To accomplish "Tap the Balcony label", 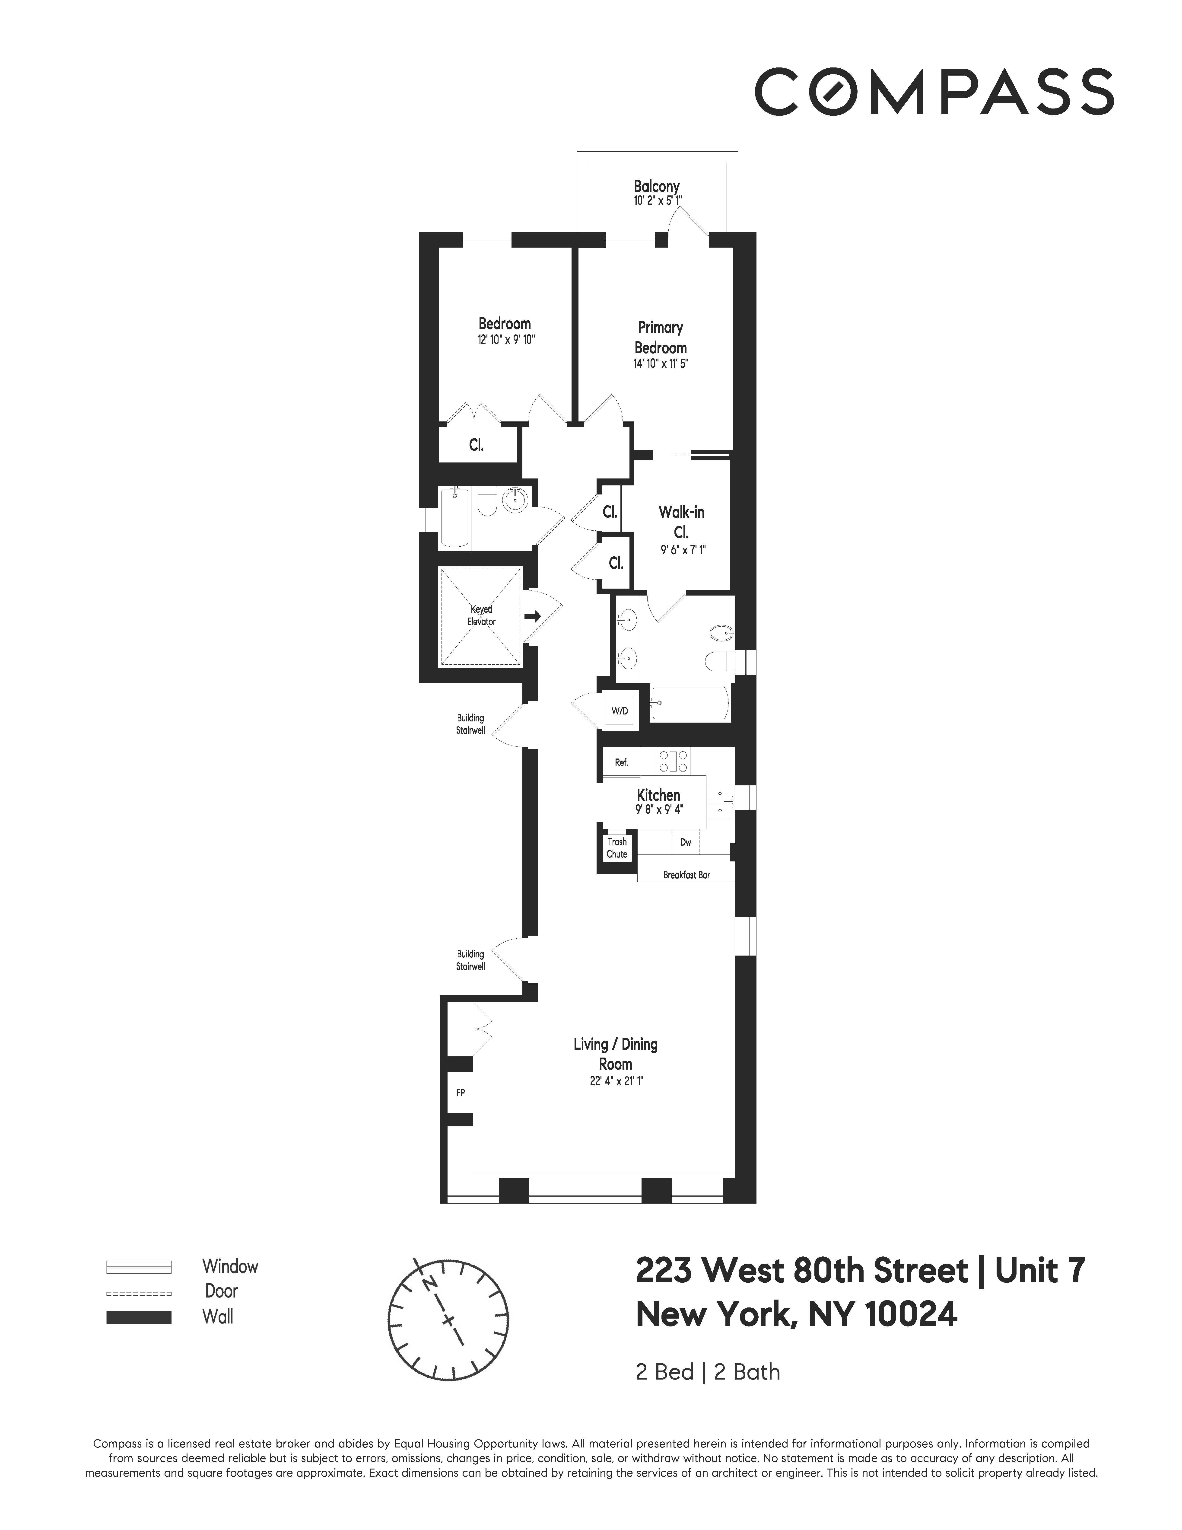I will tap(656, 186).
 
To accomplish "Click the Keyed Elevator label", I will tap(482, 615).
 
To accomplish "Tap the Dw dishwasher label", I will tap(686, 842).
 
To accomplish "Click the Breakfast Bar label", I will tap(686, 875).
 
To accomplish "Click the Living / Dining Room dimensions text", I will tap(616, 1081).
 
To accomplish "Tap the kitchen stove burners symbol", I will tap(674, 761).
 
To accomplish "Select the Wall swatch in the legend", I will tap(139, 1317).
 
